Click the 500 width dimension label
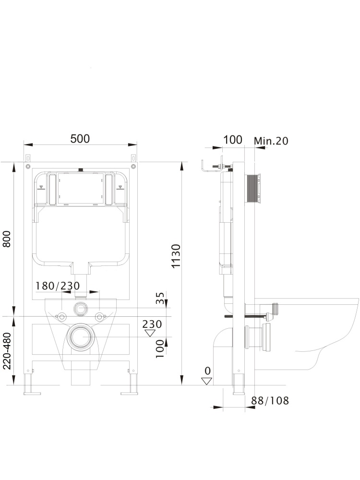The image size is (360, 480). tap(80, 139)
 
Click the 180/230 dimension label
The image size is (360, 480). tap(57, 286)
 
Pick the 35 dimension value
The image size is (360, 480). tap(160, 299)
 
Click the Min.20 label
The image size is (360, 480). tap(271, 141)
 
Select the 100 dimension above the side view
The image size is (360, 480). tap(233, 140)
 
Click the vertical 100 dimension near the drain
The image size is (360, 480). tap(160, 348)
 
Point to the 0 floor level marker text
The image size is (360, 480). tap(207, 371)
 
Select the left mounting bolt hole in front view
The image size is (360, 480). tap(61, 316)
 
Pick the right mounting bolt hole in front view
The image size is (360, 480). tap(100, 316)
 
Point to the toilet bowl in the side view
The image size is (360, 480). tap(317, 331)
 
